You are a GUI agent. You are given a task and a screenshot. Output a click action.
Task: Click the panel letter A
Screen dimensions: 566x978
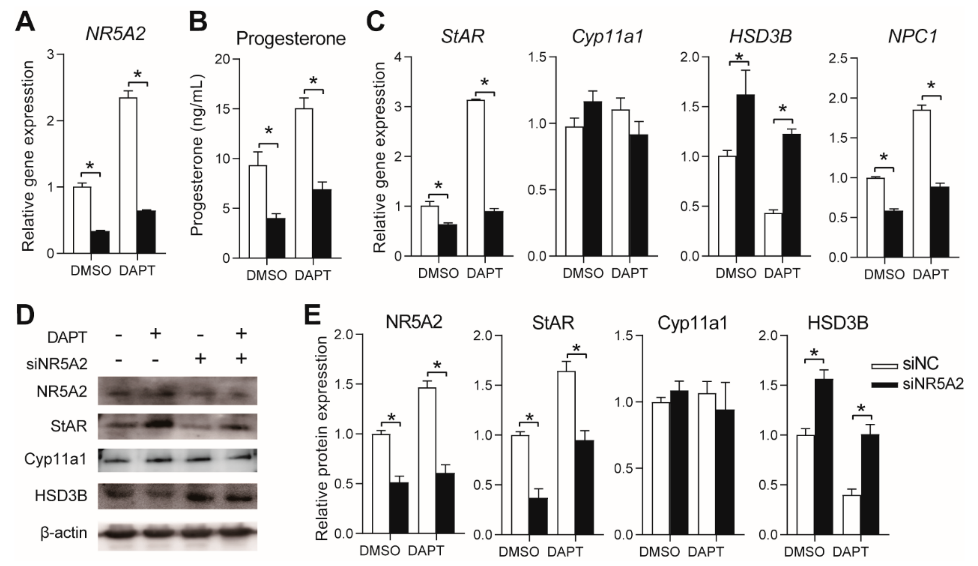pos(25,22)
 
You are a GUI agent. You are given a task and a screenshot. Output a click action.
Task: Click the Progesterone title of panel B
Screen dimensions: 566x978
pos(291,39)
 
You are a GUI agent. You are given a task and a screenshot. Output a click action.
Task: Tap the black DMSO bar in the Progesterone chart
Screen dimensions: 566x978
pos(276,238)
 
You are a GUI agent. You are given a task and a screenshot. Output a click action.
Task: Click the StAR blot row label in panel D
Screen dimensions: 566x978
pos(68,427)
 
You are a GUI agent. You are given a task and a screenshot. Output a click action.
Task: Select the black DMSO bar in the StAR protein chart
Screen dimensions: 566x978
pos(538,516)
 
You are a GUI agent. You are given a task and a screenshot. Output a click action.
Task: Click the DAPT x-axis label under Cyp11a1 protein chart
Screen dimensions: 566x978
pos(706,552)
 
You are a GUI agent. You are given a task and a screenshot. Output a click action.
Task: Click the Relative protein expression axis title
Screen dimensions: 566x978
pos(322,438)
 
